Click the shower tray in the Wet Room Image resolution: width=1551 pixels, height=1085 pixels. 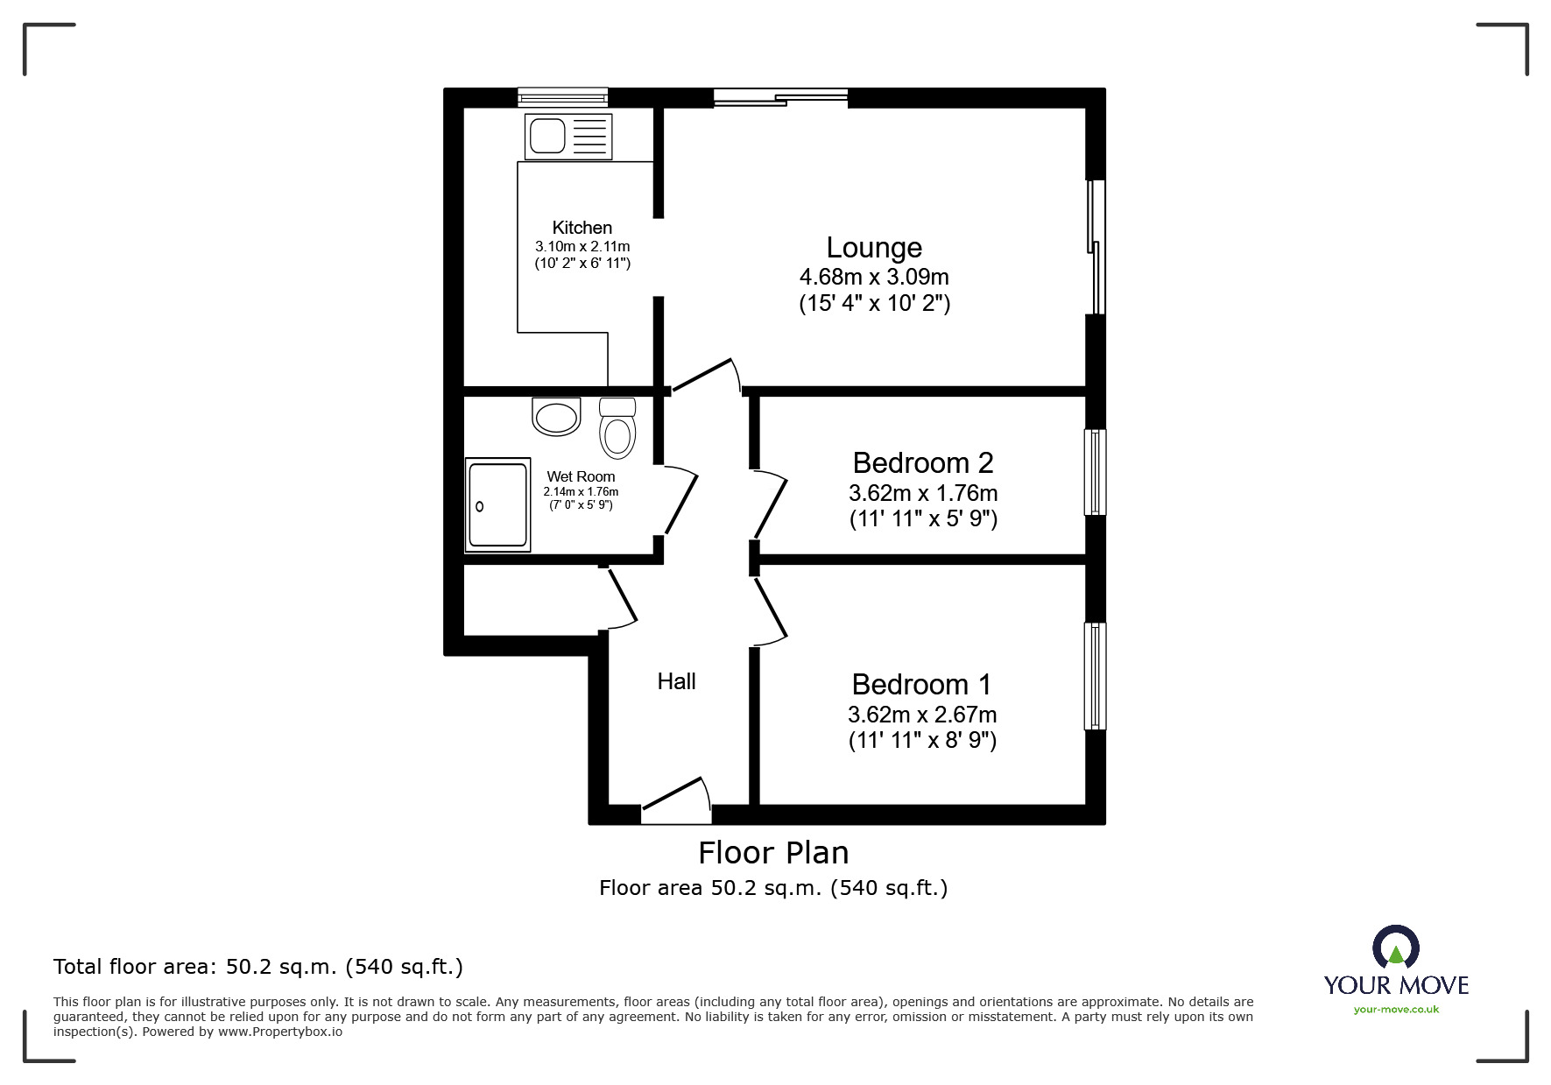coord(497,504)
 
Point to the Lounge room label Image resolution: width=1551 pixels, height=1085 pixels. coord(874,248)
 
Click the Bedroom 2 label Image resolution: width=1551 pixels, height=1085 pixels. coord(922,462)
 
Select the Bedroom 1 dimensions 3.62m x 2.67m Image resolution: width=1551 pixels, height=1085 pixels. coord(922,715)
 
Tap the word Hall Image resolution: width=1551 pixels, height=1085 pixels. coord(676,681)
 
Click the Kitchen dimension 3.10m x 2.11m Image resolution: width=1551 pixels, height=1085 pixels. coord(582,247)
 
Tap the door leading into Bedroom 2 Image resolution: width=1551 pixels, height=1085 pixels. coord(771,504)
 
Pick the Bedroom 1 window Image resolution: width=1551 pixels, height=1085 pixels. coord(1095,675)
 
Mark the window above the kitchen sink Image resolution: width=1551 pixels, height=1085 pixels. coord(562,96)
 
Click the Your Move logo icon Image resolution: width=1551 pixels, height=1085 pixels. coord(1395,949)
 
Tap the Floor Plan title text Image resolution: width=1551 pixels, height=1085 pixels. coord(773,853)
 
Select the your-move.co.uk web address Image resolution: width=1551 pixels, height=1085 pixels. coord(1396,1010)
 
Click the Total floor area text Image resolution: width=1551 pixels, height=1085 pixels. coord(258,967)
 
